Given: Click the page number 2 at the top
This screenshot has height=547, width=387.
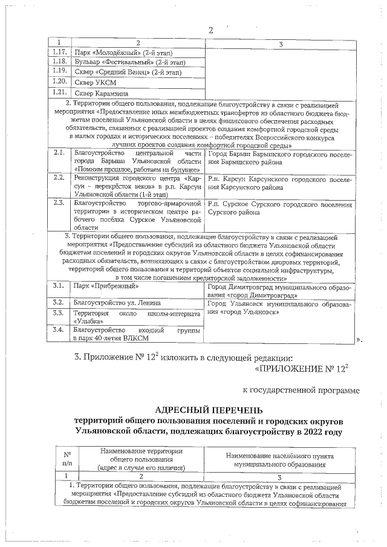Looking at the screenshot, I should pos(211,31).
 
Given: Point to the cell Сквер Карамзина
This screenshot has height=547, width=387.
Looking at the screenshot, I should pos(99,94).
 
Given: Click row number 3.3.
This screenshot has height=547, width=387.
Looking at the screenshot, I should pos(59,313).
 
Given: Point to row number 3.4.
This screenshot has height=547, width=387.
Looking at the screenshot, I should pos(59,330).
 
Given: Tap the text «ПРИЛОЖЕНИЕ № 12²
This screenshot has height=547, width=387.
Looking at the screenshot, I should pos(304,366).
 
